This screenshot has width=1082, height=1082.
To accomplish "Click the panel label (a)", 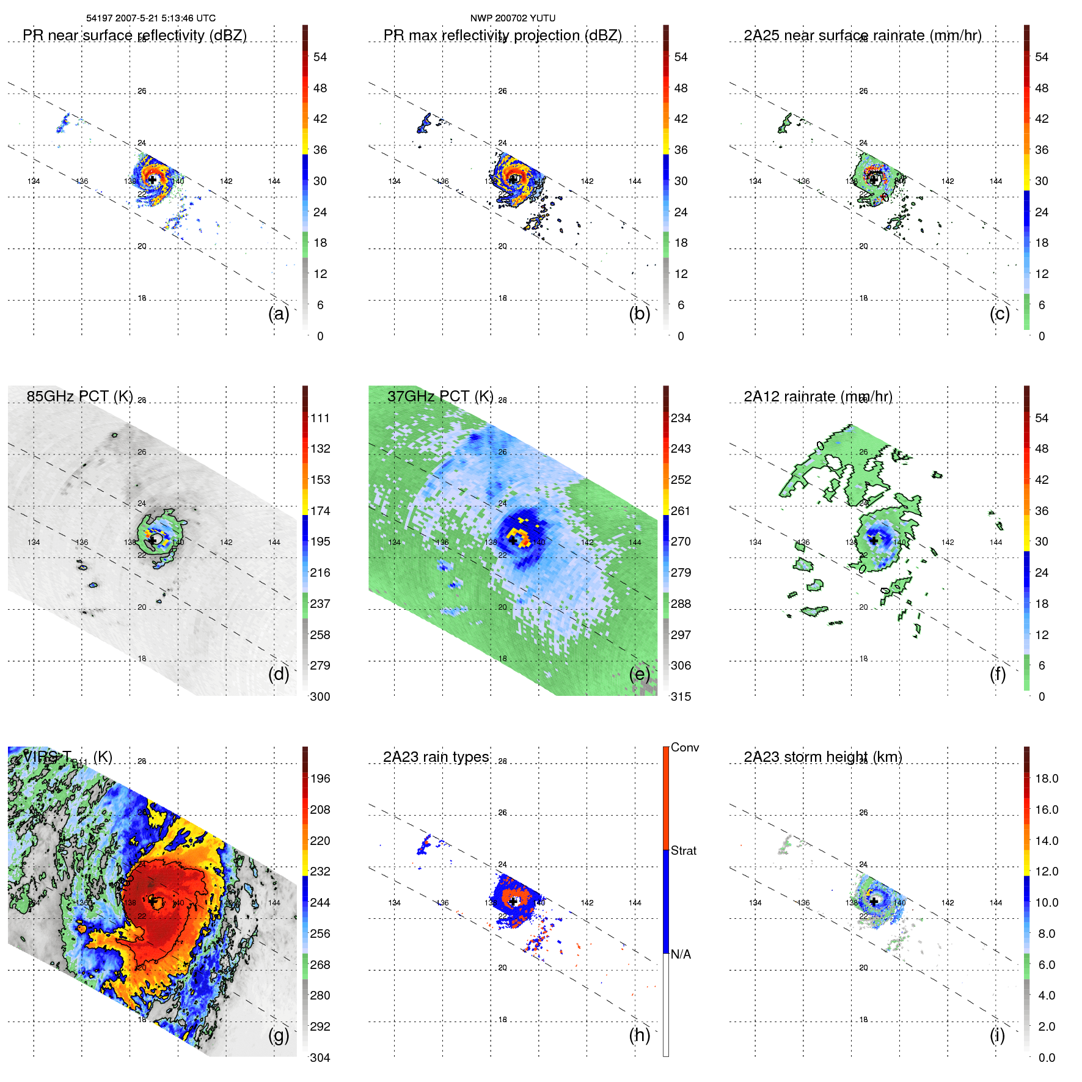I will pos(279,313).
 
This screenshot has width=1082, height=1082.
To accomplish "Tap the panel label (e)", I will pos(640,674).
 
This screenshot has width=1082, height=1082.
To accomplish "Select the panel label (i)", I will pos(997,1035).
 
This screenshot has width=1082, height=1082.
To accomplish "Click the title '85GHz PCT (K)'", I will pos(79,397).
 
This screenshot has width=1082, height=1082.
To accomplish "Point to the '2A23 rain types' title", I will pos(436,757).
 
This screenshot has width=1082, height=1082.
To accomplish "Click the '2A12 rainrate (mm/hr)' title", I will pos(818,397).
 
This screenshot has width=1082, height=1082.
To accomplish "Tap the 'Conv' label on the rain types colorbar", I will pos(685,747).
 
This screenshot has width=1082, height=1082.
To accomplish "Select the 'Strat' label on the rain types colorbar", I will pos(684,850).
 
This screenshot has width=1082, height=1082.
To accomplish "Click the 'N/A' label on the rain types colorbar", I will pos(681,954).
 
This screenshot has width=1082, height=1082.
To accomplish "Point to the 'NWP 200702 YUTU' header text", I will pos(513,18).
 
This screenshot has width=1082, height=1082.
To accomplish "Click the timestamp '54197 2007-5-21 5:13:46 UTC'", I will pos(151,18).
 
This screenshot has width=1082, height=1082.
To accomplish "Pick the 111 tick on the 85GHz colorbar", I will pos(320,418).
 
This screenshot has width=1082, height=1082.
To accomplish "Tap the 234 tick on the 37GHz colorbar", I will pos(681,418).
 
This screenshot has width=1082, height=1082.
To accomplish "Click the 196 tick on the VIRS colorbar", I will pos(320,778).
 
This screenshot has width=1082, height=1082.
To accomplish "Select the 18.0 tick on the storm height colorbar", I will pos(1047,778).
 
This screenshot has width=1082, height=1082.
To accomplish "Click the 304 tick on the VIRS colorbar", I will pos(320,1058).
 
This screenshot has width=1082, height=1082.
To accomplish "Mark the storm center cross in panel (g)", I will pos(153,901).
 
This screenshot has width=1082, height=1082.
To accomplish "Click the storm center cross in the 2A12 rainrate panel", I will pos(874,540).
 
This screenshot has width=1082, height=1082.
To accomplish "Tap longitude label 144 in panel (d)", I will pos(274,542).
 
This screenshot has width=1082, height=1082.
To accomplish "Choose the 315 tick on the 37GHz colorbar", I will pos(681,696).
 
